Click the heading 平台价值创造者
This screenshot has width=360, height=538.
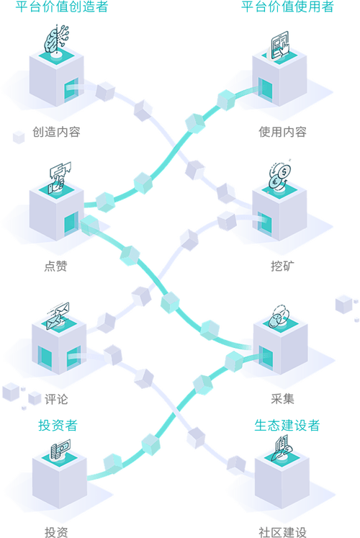pos(62,6)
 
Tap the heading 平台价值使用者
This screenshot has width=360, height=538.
pos(287,6)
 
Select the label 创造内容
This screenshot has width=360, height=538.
pos(57,132)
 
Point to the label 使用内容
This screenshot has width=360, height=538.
pos(282,132)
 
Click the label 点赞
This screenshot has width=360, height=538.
pos(55,266)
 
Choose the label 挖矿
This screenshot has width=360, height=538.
pos(282,266)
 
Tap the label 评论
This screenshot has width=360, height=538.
pos(56,399)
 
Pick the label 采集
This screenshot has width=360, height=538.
pos(282,399)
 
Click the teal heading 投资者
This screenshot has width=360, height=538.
pos(58,426)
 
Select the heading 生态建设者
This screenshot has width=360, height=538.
pos(287,426)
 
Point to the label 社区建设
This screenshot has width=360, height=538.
pos(282,532)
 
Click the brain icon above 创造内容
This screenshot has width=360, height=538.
pos(56,39)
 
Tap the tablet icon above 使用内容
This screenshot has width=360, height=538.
pos(280,45)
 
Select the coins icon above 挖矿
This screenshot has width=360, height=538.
pos(279,176)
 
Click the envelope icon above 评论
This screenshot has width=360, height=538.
pos(58,315)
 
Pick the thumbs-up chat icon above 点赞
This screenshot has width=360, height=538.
pos(60,177)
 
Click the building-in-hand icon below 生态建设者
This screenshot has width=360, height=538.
pos(282,447)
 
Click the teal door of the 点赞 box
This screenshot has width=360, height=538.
pos(71,223)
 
